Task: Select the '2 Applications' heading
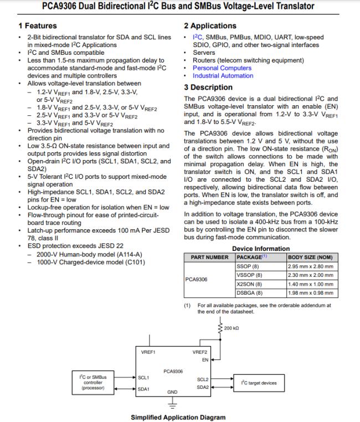click(210, 25)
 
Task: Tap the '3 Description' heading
click(208, 87)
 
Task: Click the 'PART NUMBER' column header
click(209, 258)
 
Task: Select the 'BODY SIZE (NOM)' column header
click(310, 258)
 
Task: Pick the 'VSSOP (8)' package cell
click(249, 275)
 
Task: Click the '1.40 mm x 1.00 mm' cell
click(311, 284)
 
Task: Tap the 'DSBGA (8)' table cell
click(249, 292)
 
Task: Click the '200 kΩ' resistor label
click(232, 329)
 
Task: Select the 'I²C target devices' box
click(259, 383)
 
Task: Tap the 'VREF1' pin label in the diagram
click(147, 352)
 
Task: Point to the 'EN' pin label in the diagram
click(204, 360)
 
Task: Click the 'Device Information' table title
click(260, 249)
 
